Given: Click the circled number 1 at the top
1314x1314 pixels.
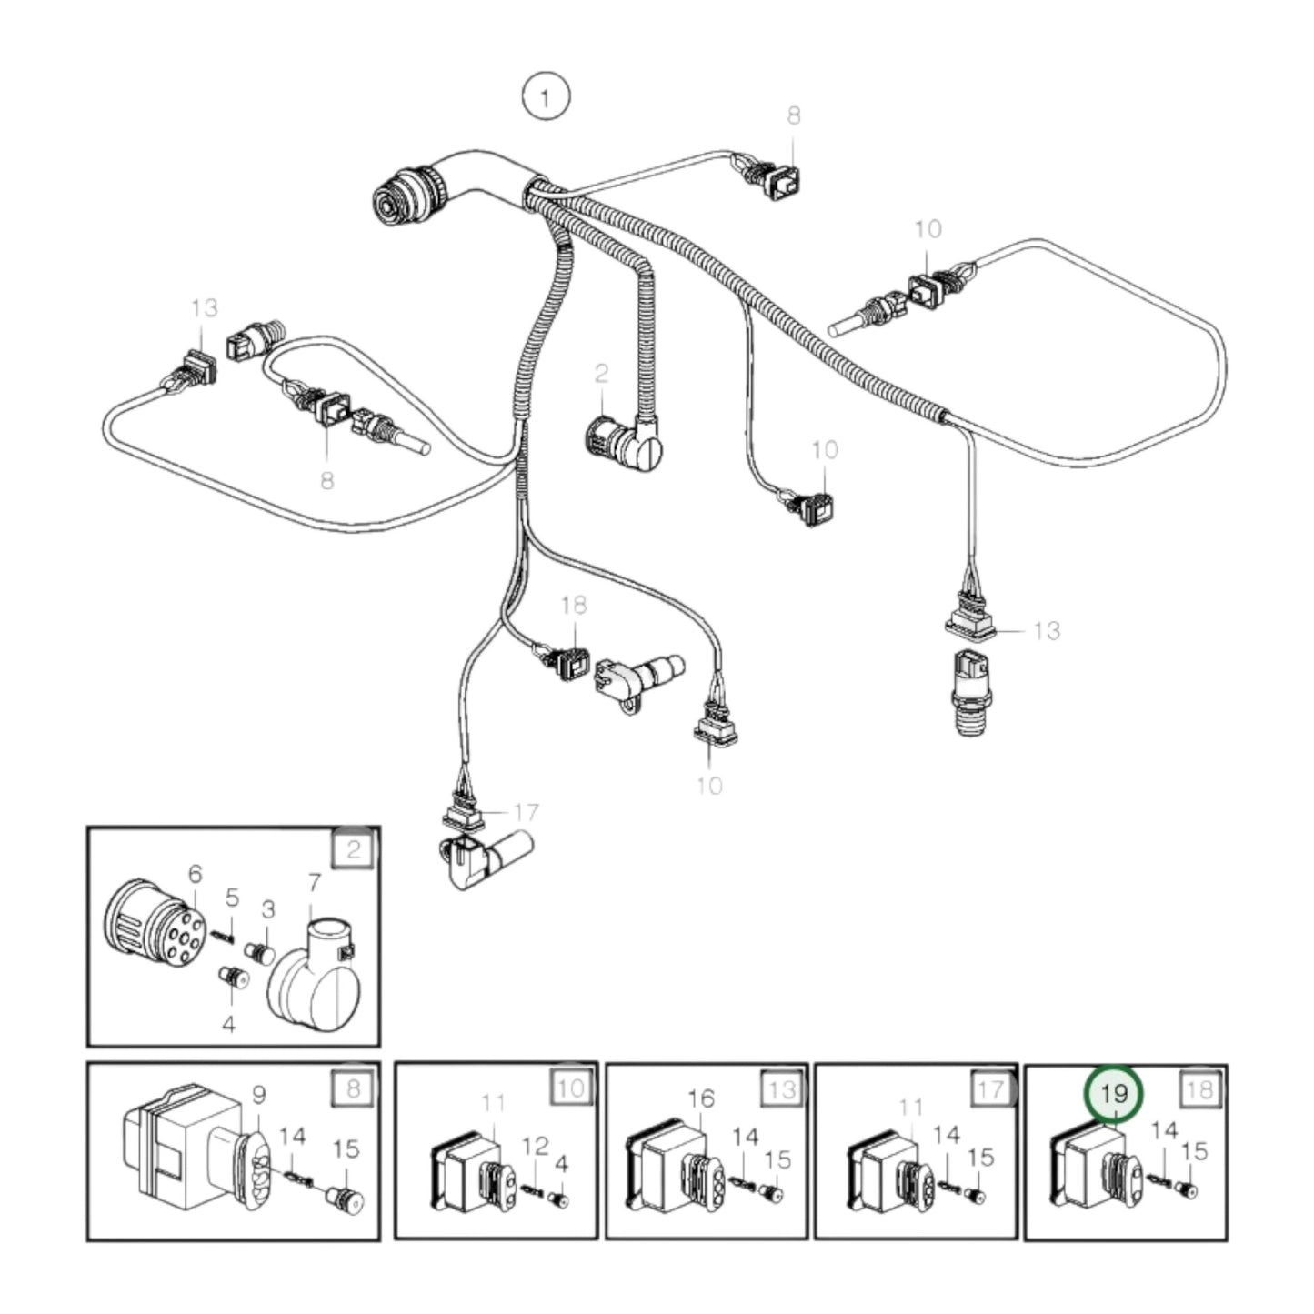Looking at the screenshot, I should tap(545, 97).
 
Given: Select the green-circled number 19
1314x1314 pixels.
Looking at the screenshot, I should tap(1113, 1094).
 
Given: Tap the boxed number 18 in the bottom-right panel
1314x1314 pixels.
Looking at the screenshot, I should tap(1200, 1088).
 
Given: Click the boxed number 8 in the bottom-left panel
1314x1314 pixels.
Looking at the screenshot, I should tap(354, 1088).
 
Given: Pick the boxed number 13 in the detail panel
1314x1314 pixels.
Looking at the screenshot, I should tap(781, 1088).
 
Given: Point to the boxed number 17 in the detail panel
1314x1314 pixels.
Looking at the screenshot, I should tap(990, 1088).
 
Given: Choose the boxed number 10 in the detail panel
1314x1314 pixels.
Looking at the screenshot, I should tap(571, 1088).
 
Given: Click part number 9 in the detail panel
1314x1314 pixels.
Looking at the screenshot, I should tap(258, 1097).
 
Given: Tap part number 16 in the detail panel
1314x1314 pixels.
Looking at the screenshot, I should tap(701, 1099).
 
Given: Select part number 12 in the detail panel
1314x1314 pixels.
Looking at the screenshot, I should tap(536, 1146).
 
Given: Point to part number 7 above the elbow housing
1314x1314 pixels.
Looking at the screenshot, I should tap(315, 882).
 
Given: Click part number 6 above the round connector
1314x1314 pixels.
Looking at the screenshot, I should tap(195, 874).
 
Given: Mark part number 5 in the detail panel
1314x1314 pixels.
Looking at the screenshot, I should tap(232, 898).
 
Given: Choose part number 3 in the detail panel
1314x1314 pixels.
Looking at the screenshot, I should tap(268, 909).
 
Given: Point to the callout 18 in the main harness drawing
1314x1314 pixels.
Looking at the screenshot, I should tap(574, 605).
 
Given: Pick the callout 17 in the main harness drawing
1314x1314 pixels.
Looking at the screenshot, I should tap(526, 811).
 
